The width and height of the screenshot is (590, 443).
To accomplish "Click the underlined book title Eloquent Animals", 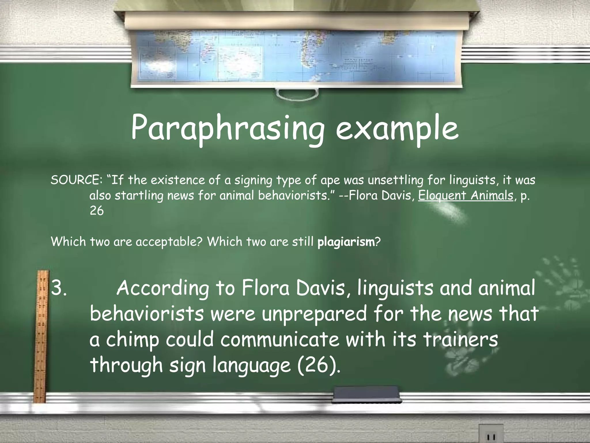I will pos(466,196).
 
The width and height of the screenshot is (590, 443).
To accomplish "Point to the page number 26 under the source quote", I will pos(97,211).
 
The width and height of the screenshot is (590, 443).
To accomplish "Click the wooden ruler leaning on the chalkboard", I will pos(40,335).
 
